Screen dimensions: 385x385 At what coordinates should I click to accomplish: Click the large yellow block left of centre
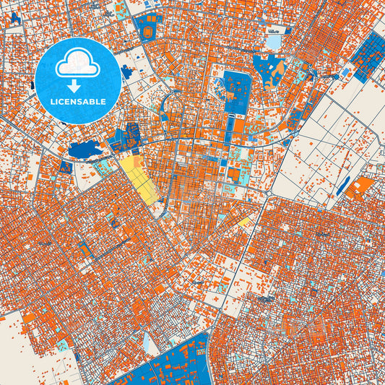137,178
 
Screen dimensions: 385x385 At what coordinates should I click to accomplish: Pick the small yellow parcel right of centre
246,221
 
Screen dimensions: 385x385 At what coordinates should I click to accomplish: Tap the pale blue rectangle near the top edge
274,42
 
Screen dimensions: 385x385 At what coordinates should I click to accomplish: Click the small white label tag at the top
273,31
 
